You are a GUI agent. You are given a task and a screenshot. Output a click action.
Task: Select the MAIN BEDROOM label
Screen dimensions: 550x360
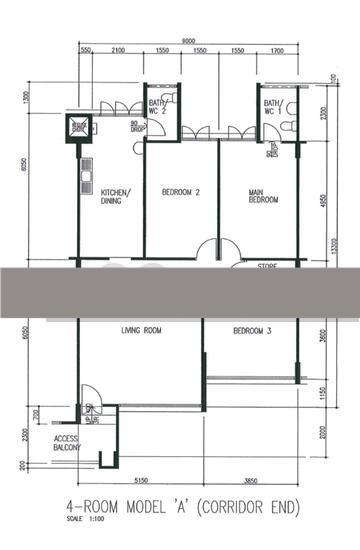point(262,196)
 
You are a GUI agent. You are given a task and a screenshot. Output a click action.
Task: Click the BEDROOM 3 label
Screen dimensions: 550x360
point(253,330)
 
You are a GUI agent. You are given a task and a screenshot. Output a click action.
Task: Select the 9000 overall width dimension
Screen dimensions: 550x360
point(188,40)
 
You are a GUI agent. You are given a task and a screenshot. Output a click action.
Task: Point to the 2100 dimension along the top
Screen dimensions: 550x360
point(118,50)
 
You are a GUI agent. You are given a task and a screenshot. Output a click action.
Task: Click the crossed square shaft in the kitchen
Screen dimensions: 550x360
point(78,127)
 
